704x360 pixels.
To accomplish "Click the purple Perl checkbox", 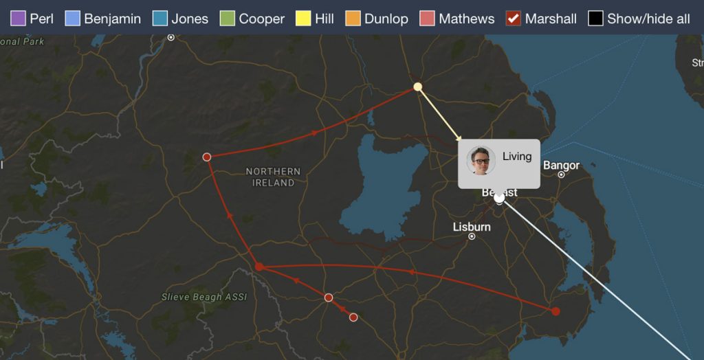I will point(19,19).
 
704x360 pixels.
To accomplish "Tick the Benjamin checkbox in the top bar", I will point(72,19).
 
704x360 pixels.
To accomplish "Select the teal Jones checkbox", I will point(159,19).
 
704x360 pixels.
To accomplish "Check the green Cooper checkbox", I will point(227,19).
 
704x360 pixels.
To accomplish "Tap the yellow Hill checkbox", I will point(303,19).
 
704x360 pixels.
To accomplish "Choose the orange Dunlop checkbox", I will point(353,19).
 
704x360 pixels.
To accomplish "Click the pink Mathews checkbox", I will point(427,19).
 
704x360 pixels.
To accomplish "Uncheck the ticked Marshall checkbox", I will point(513,19).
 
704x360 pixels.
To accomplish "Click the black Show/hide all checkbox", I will point(595,19).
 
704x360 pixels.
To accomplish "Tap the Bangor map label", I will point(561,166).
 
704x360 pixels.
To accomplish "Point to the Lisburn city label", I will point(472,227).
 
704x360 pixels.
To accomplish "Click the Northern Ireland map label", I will point(273,177).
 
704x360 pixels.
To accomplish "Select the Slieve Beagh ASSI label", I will point(203,297).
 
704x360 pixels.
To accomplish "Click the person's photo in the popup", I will point(481,161).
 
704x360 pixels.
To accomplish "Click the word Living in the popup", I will point(517,157).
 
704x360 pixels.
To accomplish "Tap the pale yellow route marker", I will point(417,87).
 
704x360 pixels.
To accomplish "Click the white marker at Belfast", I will point(499,198).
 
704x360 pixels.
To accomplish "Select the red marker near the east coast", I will point(555,311).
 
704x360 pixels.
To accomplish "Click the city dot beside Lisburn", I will point(472,236).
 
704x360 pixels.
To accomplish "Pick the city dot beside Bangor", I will point(561,175).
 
